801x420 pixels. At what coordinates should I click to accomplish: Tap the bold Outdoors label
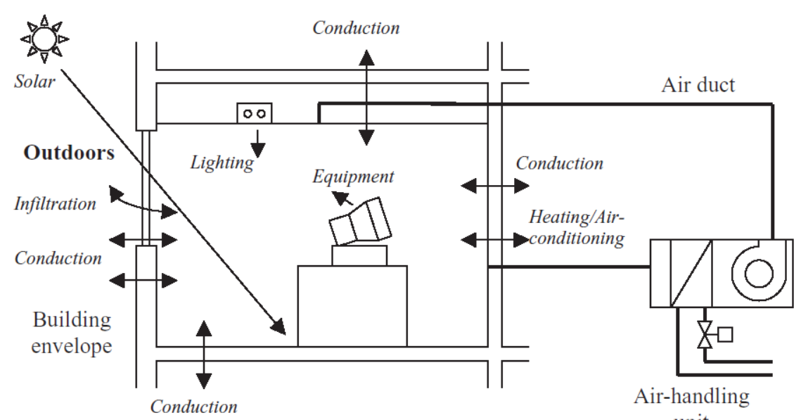(x=69, y=153)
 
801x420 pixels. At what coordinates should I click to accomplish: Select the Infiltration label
(x=55, y=204)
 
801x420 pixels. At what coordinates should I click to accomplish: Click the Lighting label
(x=222, y=163)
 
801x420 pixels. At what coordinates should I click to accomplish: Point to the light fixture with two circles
(x=254, y=113)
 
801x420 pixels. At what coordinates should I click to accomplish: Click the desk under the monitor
(x=352, y=305)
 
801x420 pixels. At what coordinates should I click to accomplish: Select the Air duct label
(x=698, y=85)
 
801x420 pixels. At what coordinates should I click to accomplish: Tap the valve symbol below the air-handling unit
(x=703, y=336)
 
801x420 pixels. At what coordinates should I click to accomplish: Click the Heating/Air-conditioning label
(x=576, y=227)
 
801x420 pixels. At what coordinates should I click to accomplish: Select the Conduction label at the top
(x=356, y=28)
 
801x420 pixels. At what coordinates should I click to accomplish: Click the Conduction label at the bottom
(x=194, y=407)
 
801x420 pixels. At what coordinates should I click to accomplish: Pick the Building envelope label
(x=71, y=333)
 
